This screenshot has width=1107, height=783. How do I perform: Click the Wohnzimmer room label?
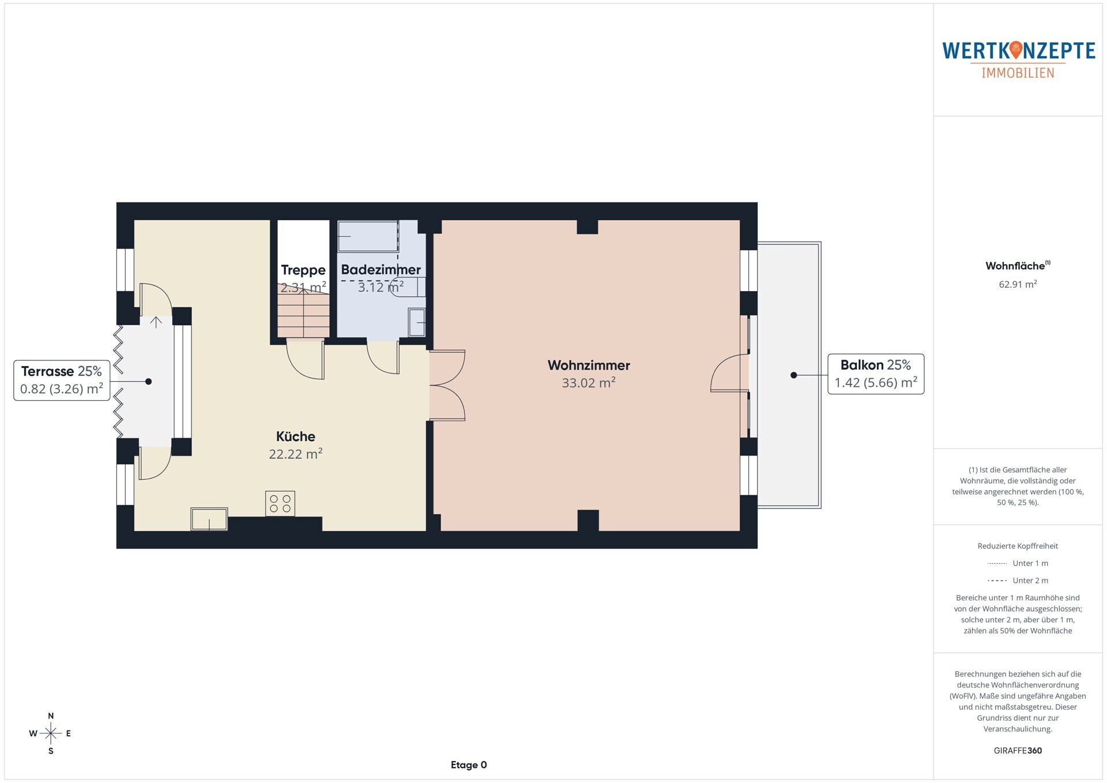[x=589, y=365]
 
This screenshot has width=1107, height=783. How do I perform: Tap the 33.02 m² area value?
[x=589, y=383]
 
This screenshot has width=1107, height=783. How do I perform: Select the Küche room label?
[x=296, y=436]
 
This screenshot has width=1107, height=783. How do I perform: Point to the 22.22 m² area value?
[x=296, y=454]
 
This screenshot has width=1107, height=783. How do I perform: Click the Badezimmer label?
[x=381, y=269]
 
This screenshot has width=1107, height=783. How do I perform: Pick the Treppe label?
[x=303, y=270]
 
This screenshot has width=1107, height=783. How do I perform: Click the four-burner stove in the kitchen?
[x=280, y=503]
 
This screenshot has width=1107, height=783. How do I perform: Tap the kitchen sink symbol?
[x=209, y=519]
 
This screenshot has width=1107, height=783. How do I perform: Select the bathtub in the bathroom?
[x=368, y=236]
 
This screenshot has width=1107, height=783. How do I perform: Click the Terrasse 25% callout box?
[x=62, y=380]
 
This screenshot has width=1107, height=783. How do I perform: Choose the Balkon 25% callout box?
[x=876, y=374]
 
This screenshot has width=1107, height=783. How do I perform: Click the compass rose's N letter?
[x=51, y=716]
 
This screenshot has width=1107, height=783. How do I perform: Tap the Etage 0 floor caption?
[x=469, y=765]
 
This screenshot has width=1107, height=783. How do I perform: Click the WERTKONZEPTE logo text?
[x=1019, y=51]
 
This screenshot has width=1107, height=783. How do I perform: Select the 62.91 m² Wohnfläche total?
[x=1018, y=284]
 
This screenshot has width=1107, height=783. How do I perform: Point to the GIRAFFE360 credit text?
[x=1018, y=751]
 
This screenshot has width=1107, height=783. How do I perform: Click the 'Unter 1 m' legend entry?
[x=1018, y=563]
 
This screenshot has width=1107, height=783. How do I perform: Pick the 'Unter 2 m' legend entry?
[x=1018, y=581]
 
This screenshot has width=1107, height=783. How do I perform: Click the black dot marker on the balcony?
[x=794, y=375]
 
